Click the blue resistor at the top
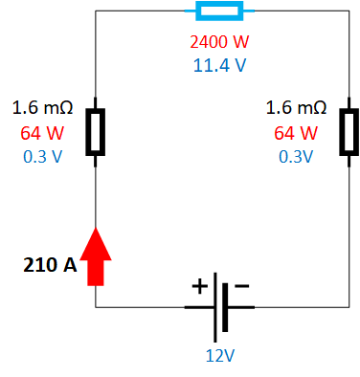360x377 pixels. (x=218, y=11)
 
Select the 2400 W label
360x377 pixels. (x=218, y=43)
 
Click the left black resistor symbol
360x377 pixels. (x=96, y=131)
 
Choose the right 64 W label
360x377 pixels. (x=296, y=132)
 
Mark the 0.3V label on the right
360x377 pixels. (x=296, y=156)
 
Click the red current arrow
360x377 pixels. (x=96, y=256)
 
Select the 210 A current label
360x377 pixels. (x=49, y=264)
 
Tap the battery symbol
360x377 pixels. (x=222, y=306)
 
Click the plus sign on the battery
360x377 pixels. (x=200, y=286)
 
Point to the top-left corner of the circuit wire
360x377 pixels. (x=96, y=11)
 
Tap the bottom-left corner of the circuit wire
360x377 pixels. (x=96, y=307)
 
